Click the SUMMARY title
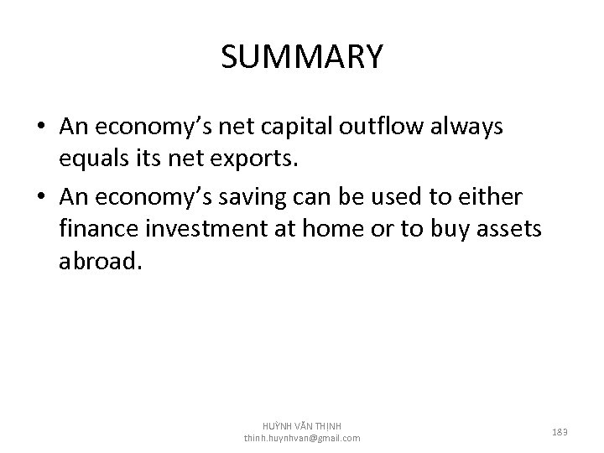302,57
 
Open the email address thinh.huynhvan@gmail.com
302,438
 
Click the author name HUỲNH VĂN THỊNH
302,425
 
